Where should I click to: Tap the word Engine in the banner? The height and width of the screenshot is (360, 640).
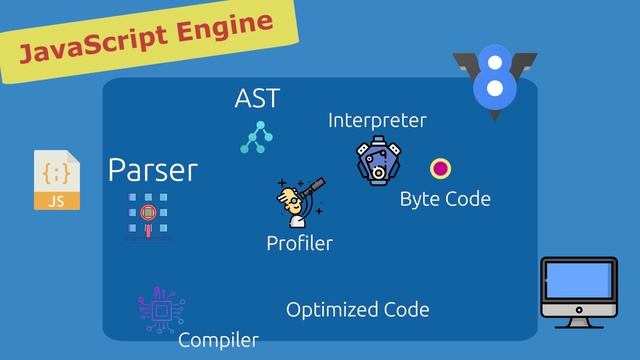[x=224, y=28]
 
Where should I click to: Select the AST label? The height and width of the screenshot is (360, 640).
[x=257, y=98]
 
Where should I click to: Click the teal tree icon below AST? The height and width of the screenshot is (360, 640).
[x=256, y=137]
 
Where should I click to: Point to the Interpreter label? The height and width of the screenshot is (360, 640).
[x=377, y=120]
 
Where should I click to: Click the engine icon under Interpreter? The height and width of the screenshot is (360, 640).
[x=378, y=160]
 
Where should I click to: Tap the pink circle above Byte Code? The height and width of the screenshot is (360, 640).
[x=440, y=169]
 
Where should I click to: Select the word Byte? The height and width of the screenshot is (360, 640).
[x=420, y=200]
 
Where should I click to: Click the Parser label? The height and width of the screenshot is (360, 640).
[x=153, y=170]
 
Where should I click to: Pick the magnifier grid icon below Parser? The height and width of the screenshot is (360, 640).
[x=148, y=215]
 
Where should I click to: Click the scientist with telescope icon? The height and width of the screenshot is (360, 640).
[x=301, y=202]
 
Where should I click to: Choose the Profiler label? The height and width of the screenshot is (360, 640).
[x=300, y=244]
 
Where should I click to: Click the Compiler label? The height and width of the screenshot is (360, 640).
[x=218, y=340]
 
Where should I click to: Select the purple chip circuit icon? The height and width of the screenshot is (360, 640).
[x=162, y=310]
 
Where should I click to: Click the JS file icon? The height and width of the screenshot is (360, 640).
[x=57, y=180]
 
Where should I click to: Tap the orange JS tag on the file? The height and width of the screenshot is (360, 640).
[x=57, y=201]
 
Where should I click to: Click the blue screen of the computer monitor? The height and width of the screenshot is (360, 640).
[x=578, y=280]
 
